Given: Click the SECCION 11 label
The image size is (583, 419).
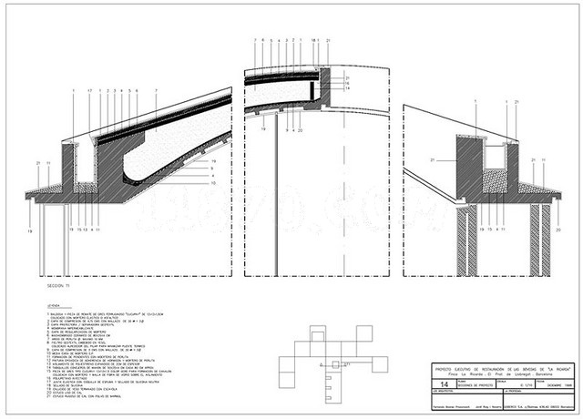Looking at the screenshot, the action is click(57, 282).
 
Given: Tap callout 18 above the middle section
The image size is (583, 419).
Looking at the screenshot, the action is click(312, 42).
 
